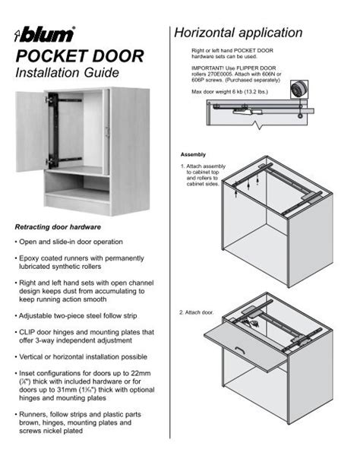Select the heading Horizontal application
[x=238, y=33]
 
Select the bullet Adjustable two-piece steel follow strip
[x=84, y=314]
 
